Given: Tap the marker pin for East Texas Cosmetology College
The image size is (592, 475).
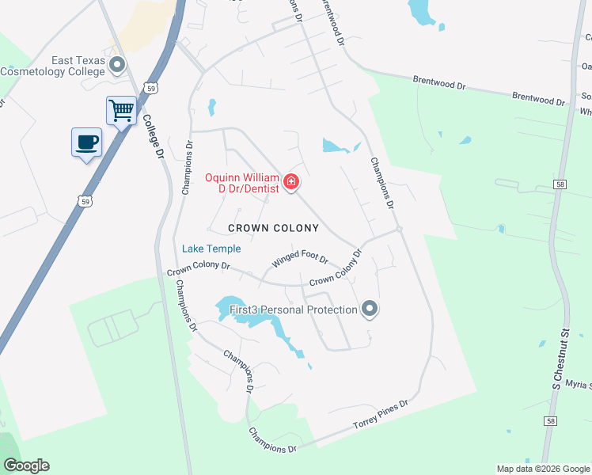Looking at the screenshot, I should click(x=117, y=65).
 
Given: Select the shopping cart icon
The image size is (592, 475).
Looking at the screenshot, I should click(x=121, y=110).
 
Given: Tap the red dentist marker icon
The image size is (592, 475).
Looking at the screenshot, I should click(x=291, y=183).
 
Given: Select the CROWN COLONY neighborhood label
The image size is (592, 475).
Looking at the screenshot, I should click(x=273, y=228).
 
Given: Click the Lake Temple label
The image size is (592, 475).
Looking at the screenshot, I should click(x=211, y=249).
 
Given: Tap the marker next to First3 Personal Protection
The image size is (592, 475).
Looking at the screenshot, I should click(x=369, y=309).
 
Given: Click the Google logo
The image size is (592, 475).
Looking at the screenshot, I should click(x=26, y=465).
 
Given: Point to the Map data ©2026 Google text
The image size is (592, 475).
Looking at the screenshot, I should click(x=542, y=469).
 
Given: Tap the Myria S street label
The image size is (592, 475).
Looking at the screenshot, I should click(x=579, y=385).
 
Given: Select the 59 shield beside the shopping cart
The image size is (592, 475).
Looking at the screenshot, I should click(x=150, y=89).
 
